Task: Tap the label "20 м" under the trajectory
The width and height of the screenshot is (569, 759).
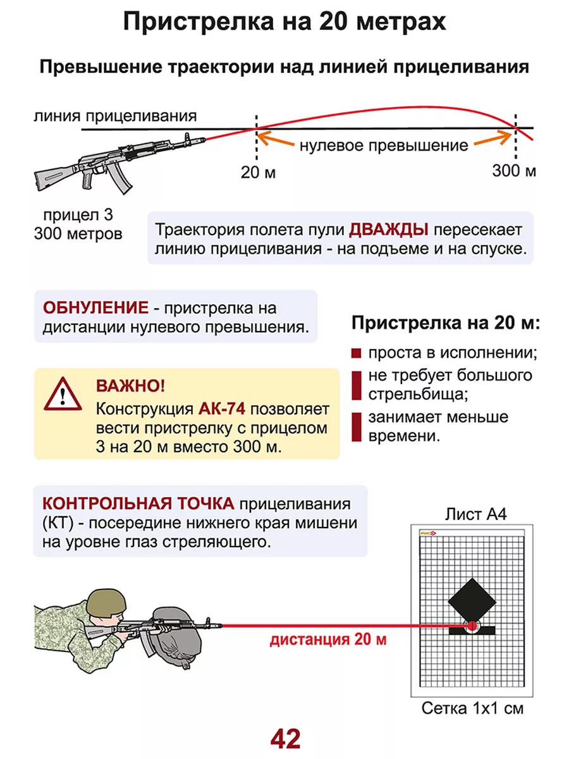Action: (259, 171)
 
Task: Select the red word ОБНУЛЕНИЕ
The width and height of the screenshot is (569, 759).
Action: (95, 308)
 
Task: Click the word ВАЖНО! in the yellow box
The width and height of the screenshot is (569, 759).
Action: (130, 386)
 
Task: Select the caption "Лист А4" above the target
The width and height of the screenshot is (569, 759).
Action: (476, 514)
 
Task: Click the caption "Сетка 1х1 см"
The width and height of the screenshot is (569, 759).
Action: (472, 708)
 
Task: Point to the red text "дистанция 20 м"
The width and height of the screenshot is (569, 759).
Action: (327, 639)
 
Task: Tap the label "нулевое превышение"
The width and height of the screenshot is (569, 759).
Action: (384, 145)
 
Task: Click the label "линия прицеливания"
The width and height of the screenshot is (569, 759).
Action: (116, 116)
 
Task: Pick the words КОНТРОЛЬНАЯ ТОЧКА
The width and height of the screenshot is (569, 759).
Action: (138, 503)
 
